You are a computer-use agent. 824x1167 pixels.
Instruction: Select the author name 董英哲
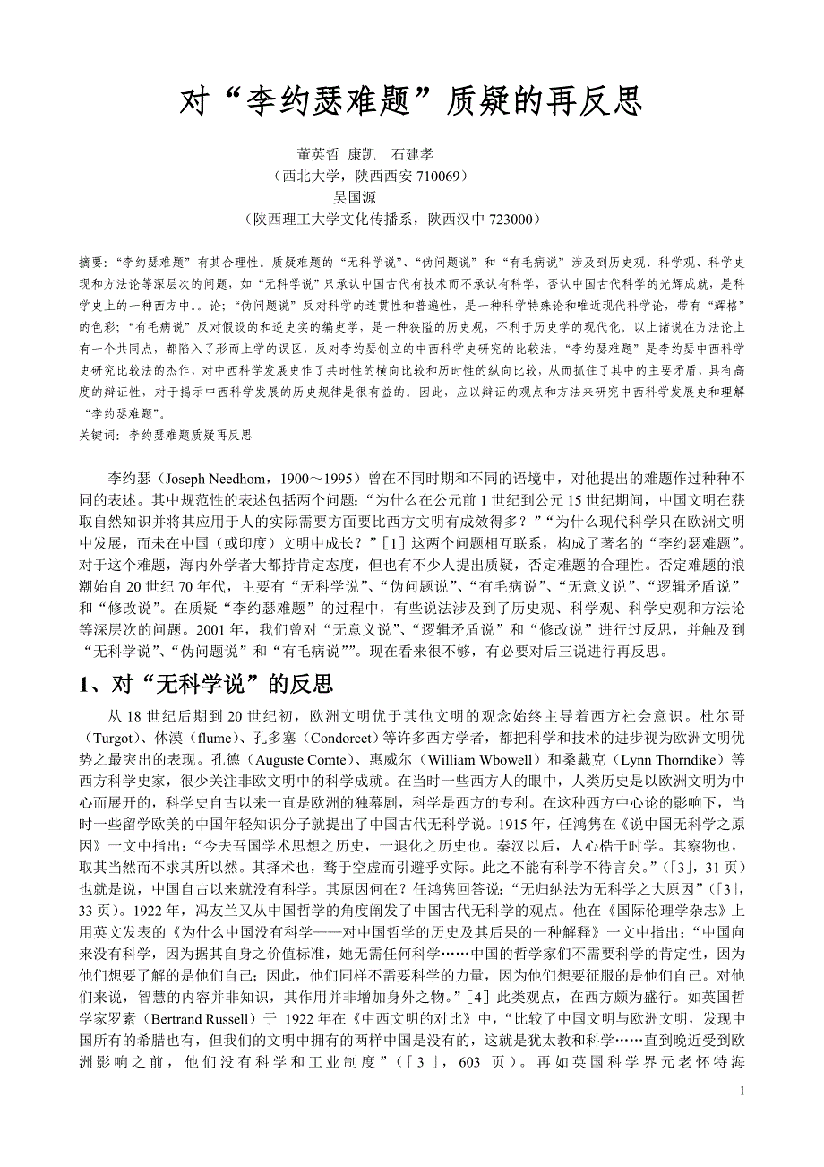[x=318, y=154]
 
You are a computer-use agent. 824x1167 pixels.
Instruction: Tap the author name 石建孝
[x=413, y=154]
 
